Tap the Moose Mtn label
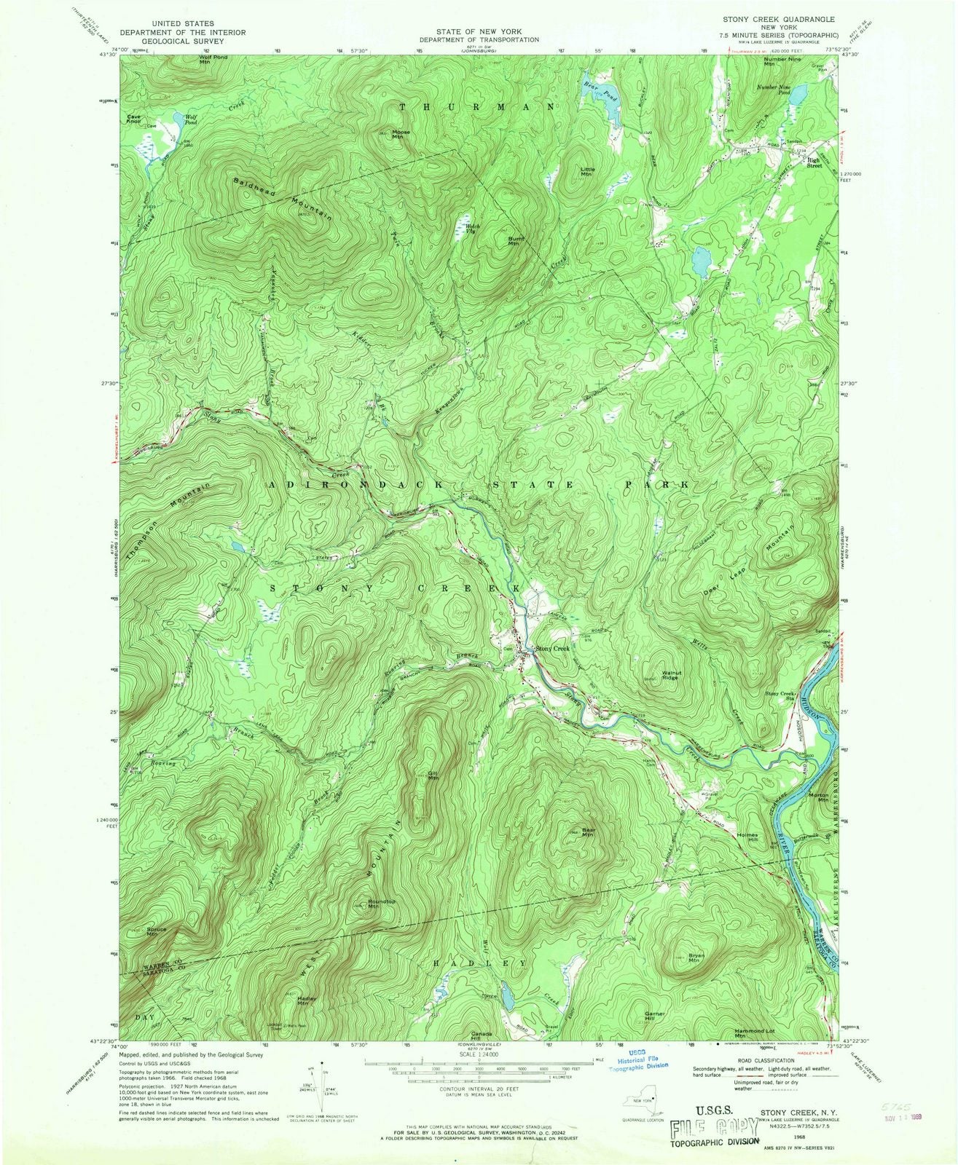(401, 135)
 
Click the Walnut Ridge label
(671, 675)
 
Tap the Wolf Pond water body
(177, 122)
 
